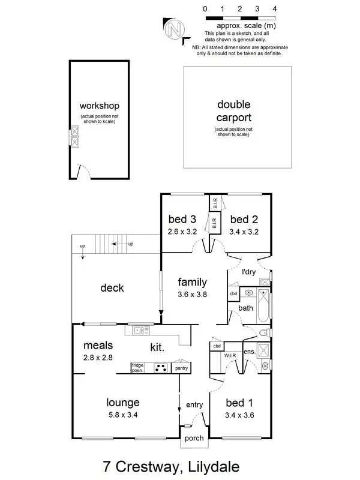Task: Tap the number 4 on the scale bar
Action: (x=274, y=9)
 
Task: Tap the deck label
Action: (x=112, y=288)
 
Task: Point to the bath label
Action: (x=246, y=308)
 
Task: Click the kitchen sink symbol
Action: (x=139, y=329)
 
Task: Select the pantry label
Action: (x=181, y=368)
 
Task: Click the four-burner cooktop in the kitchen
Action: (x=160, y=368)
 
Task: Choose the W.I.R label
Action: (x=230, y=356)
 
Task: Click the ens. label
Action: (x=250, y=352)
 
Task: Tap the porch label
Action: (x=194, y=438)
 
